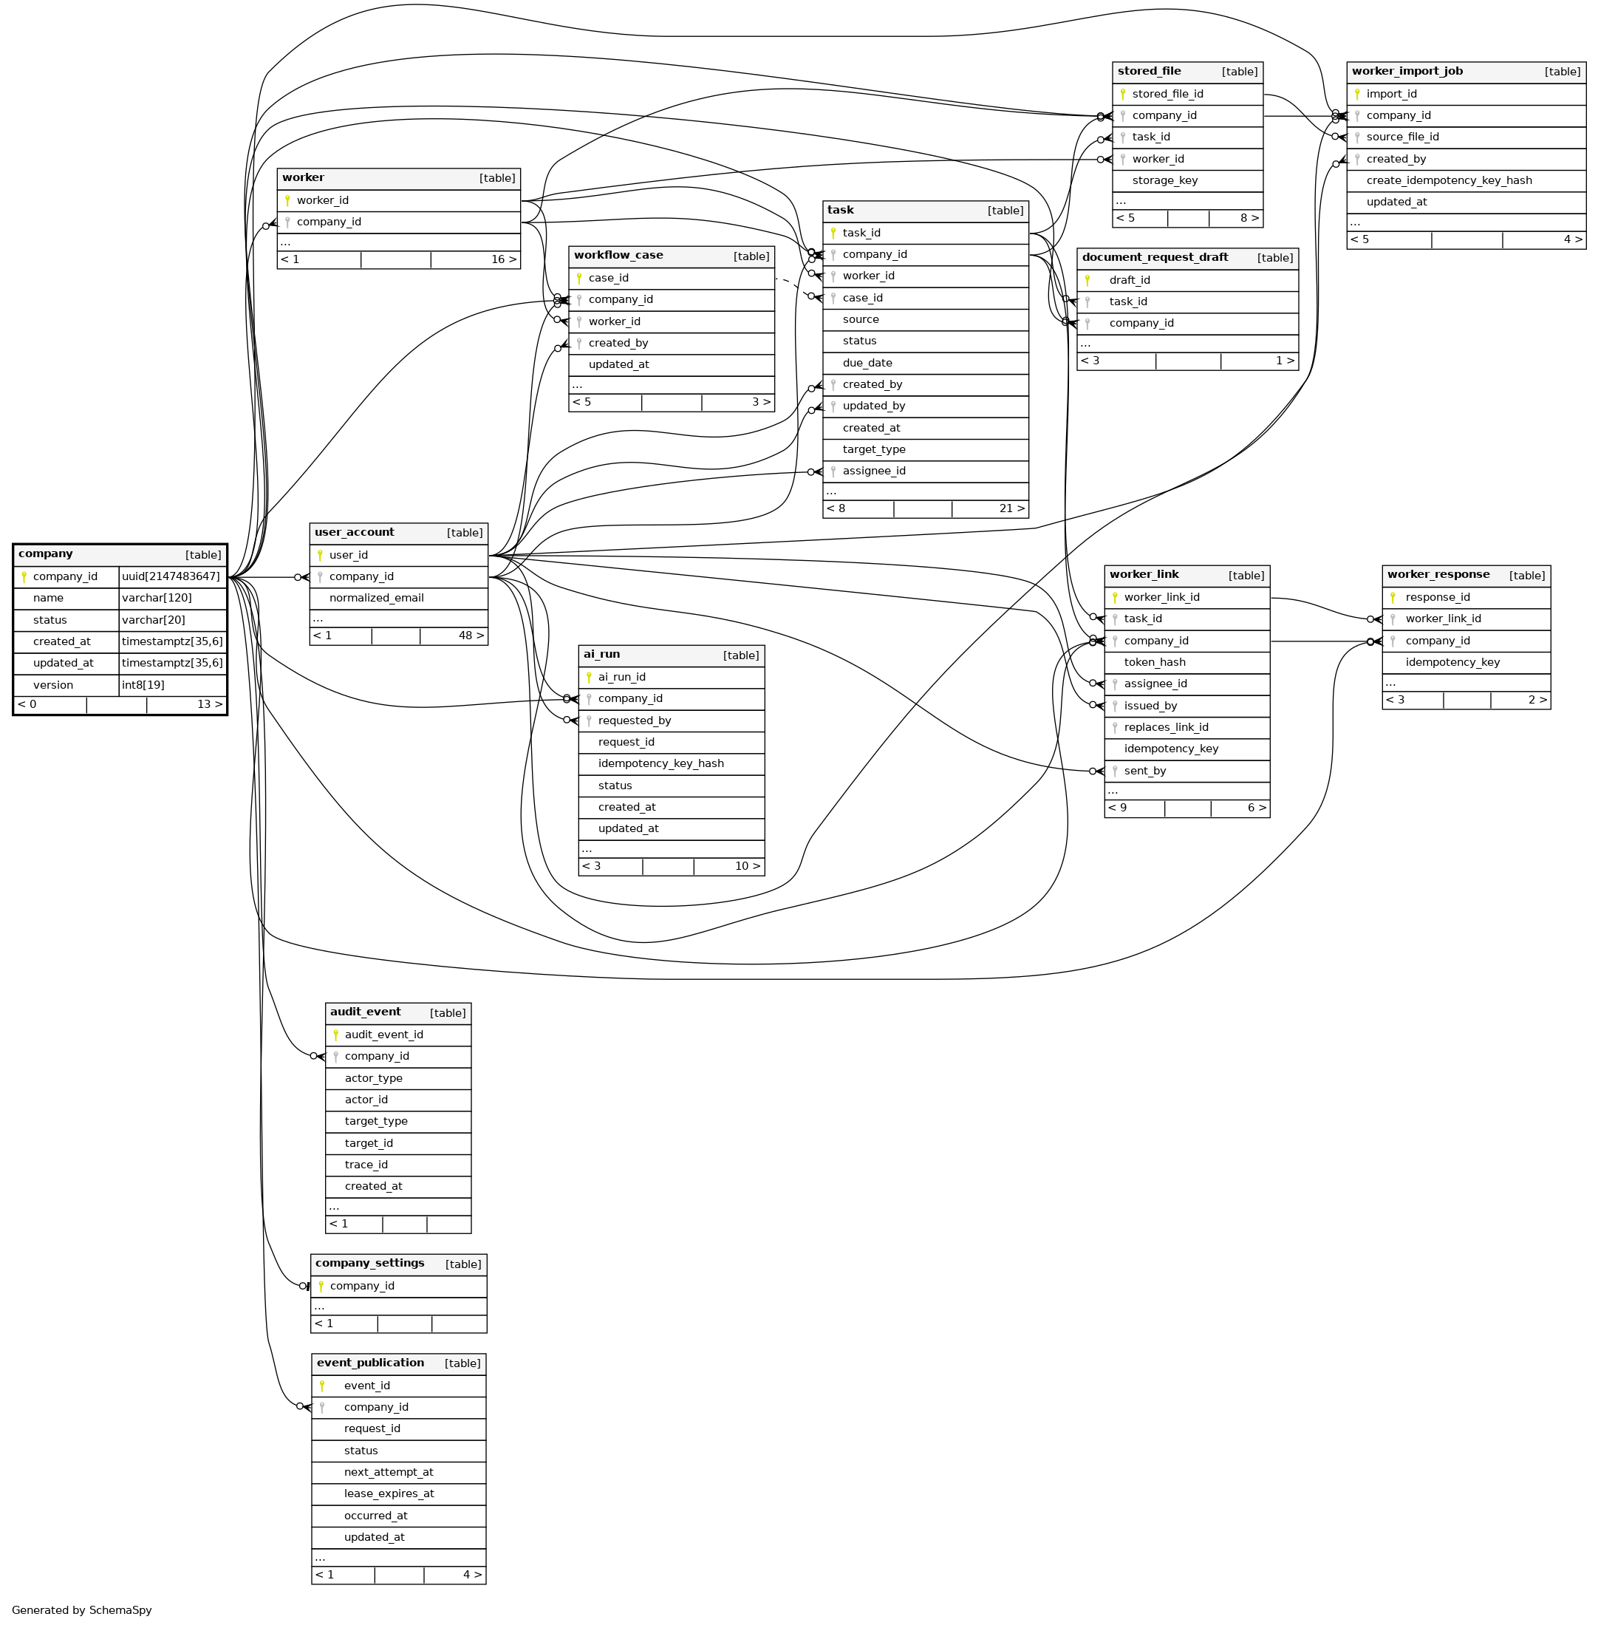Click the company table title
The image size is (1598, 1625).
tap(45, 554)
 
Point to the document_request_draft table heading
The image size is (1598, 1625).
tap(1155, 258)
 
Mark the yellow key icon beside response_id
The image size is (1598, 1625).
tap(1393, 598)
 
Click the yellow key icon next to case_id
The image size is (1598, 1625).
tap(579, 279)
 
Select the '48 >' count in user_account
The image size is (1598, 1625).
tap(471, 636)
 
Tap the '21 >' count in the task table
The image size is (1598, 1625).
tap(1011, 508)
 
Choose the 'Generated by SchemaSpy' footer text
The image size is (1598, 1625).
tap(81, 1610)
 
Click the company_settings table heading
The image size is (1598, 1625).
tap(369, 1263)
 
